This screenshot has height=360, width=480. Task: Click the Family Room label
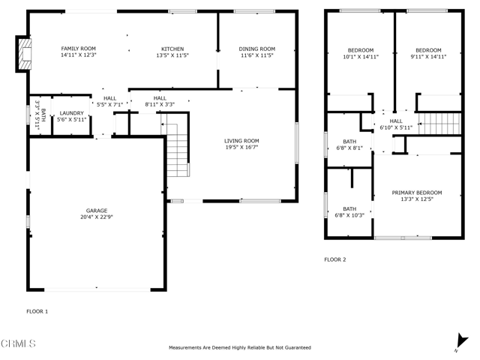coord(79,49)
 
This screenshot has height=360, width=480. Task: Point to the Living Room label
coord(241,140)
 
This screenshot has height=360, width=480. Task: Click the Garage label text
coord(96,211)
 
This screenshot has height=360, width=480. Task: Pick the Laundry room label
coord(72,113)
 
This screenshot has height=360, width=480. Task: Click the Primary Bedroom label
coord(416,193)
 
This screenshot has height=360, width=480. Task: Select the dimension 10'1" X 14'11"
coord(350,55)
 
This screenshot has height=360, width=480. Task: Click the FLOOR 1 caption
coord(37,310)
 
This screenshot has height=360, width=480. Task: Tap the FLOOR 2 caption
coord(334,259)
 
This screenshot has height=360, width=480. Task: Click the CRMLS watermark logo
coord(18,343)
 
